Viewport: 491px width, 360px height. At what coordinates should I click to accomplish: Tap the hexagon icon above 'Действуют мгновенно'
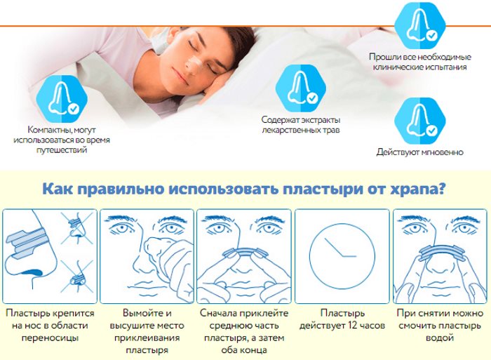419,121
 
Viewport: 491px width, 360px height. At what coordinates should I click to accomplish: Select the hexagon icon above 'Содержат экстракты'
301,88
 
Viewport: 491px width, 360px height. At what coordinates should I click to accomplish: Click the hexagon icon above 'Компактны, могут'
62,100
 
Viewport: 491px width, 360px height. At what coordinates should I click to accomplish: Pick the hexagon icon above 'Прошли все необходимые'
419,25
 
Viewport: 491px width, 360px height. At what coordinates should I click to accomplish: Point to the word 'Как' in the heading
58,189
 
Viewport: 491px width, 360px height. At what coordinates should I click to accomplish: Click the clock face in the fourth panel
342,256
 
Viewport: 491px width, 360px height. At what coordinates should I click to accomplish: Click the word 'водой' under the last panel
440,338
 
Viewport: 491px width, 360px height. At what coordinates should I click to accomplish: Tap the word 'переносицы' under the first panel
50,338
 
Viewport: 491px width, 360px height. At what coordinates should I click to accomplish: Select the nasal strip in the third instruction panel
243,252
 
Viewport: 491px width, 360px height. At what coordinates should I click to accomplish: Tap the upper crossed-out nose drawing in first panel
77,227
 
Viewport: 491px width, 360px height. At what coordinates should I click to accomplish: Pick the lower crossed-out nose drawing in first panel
77,276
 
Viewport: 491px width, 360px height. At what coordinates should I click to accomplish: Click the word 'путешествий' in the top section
62,150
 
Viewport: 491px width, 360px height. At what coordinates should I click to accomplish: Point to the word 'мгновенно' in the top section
443,152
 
